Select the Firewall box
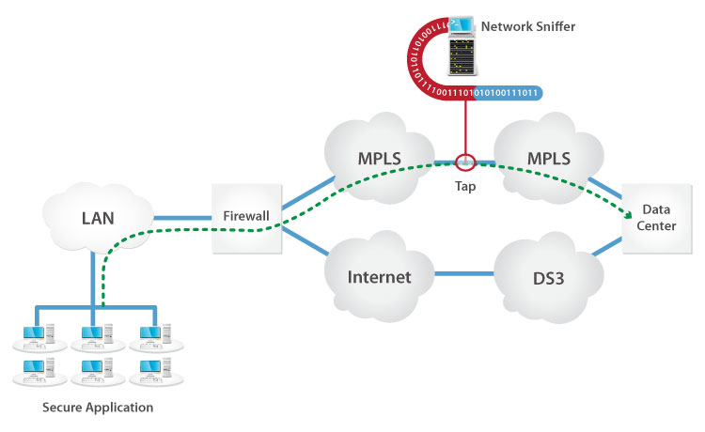[x=246, y=217]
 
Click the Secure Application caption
[x=98, y=408]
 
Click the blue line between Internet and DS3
[x=466, y=274]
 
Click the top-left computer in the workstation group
[x=38, y=333]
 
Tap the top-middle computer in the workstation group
[x=94, y=333]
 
